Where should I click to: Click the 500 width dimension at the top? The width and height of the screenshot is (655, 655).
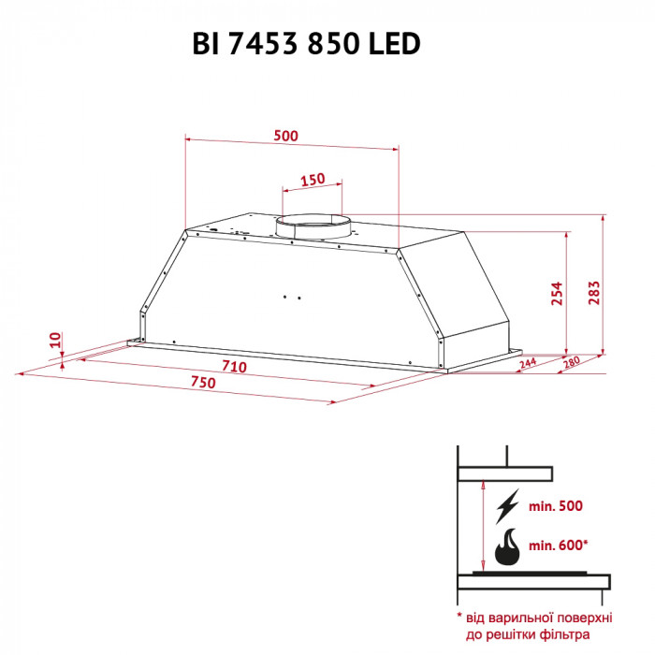point(285,136)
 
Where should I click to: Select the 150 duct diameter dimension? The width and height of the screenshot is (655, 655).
point(312,180)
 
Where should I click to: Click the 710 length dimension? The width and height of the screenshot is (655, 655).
point(234,366)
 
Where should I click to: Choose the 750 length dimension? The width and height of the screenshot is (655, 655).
point(202,383)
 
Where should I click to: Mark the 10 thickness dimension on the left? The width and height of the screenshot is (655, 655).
point(54,341)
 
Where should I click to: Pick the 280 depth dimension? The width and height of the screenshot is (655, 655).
point(571,362)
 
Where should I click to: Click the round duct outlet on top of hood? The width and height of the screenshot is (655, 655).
point(312,226)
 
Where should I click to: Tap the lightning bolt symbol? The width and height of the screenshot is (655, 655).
point(508,506)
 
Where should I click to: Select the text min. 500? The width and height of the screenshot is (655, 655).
point(556,506)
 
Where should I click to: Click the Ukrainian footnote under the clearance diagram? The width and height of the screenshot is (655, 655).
point(535,626)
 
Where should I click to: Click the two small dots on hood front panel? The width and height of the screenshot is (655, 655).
point(291,298)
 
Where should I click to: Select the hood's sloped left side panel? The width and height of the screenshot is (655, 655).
point(159,281)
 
